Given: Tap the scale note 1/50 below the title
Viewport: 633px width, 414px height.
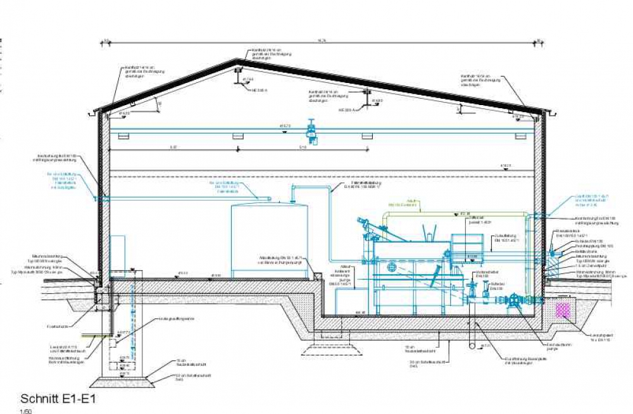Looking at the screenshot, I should point(26,411).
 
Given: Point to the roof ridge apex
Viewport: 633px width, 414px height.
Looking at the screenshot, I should point(239,61).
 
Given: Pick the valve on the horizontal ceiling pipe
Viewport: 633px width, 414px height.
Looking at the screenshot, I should point(310,129).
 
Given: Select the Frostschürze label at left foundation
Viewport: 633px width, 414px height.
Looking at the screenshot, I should point(58,327).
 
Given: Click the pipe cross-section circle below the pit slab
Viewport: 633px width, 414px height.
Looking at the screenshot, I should point(471,346).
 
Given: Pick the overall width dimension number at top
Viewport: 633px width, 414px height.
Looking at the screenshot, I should point(322,41).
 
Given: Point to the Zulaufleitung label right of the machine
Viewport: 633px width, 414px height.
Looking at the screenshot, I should point(506,239).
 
